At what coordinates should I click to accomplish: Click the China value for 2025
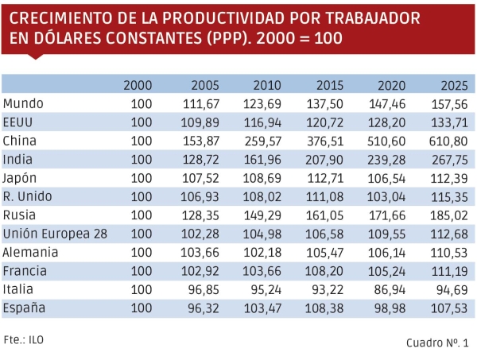click(449, 140)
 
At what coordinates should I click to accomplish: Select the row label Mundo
click(23, 103)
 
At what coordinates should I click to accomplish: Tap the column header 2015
click(329, 85)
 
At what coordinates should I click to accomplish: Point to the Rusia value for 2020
click(388, 215)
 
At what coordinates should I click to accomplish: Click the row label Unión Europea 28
click(56, 233)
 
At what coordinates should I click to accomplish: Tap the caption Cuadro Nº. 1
click(437, 343)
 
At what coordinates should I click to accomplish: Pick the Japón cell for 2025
click(449, 177)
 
